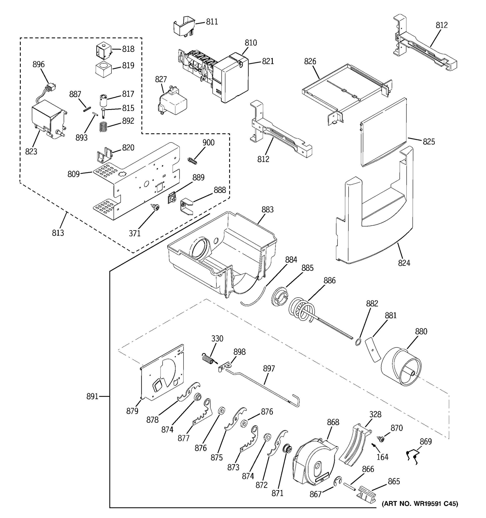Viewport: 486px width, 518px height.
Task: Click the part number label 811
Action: [212, 22]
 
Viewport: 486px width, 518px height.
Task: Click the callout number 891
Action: [92, 396]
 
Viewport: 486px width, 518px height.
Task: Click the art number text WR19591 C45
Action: [420, 504]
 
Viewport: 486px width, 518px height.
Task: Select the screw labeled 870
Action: [381, 439]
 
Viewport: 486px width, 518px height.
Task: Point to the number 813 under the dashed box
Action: [58, 233]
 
